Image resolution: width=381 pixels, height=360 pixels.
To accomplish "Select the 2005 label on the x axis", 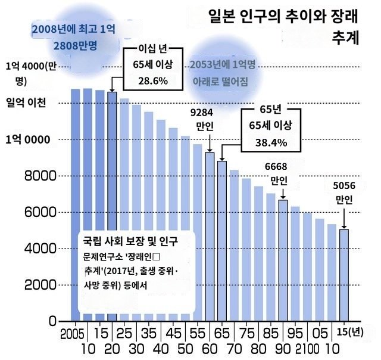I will tap(72, 332).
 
